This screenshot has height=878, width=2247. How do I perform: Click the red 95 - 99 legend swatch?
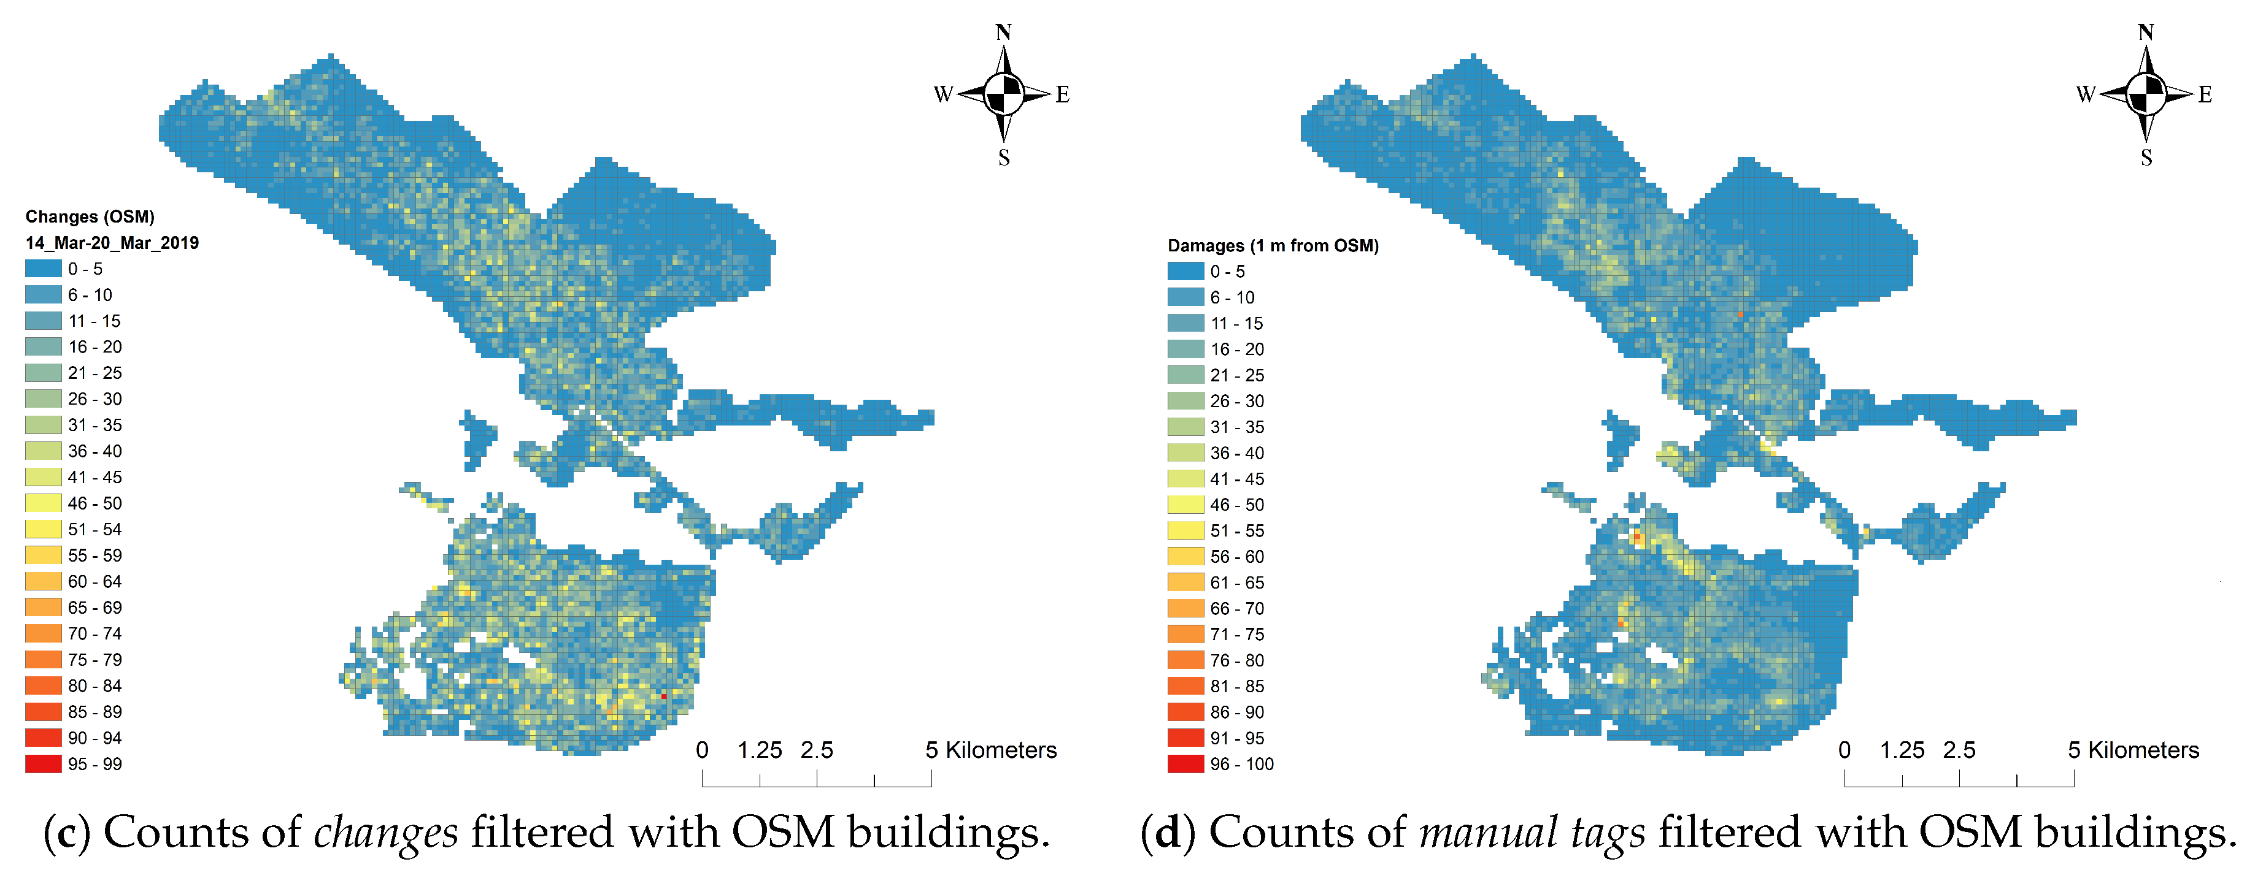coord(43,764)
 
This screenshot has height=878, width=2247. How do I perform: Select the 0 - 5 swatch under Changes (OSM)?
coord(43,269)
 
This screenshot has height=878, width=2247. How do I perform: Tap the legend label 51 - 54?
coord(95,529)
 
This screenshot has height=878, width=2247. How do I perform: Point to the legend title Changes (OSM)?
coord(90,216)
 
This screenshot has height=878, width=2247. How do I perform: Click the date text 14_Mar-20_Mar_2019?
coord(112,242)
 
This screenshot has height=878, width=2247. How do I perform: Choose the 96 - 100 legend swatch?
coord(1185,764)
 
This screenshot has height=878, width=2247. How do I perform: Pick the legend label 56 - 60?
coord(1237,556)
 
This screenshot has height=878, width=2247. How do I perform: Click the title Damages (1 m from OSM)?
coord(1273,246)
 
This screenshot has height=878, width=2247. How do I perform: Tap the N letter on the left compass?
coord(1003,32)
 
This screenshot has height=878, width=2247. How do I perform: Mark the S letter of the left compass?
coord(1004,158)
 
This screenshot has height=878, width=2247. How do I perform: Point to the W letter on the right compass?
coord(2085,94)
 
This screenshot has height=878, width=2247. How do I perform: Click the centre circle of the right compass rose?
coord(2146,94)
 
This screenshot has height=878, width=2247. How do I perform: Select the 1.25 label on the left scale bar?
coord(759,750)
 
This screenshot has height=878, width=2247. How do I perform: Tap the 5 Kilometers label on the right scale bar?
coord(2133,750)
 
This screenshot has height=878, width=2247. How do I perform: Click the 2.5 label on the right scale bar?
coord(1959,750)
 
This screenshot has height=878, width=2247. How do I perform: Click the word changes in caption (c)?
coord(385,833)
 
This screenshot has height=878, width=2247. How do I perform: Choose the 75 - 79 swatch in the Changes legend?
coord(43,659)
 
